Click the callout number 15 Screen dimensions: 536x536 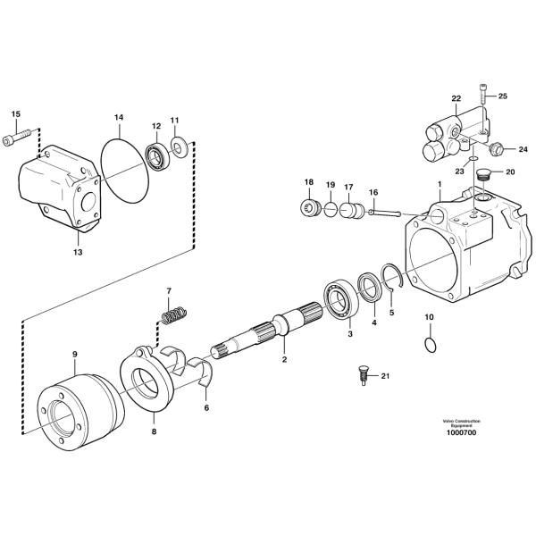16,113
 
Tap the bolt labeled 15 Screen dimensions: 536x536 16,137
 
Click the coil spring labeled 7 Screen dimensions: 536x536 174,315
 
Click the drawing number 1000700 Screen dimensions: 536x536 461,432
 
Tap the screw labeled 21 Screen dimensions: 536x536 364,376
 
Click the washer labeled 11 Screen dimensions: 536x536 180,147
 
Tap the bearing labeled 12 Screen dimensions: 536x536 157,157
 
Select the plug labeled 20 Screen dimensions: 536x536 483,175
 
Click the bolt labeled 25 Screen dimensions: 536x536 483,94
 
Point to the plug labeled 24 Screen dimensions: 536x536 495,149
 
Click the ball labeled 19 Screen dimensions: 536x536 331,210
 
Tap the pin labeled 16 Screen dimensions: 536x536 384,214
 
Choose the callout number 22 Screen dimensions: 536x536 456,99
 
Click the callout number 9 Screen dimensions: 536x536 75,354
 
